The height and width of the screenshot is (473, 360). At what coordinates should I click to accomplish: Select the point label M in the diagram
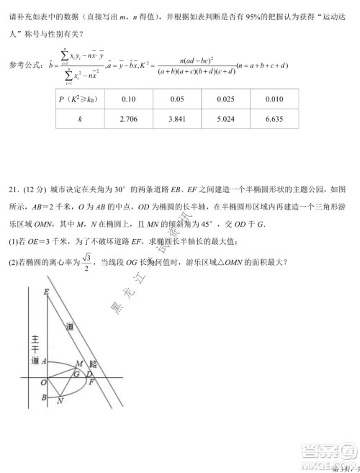(80, 364)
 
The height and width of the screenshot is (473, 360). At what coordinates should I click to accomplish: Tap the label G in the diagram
(76, 374)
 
